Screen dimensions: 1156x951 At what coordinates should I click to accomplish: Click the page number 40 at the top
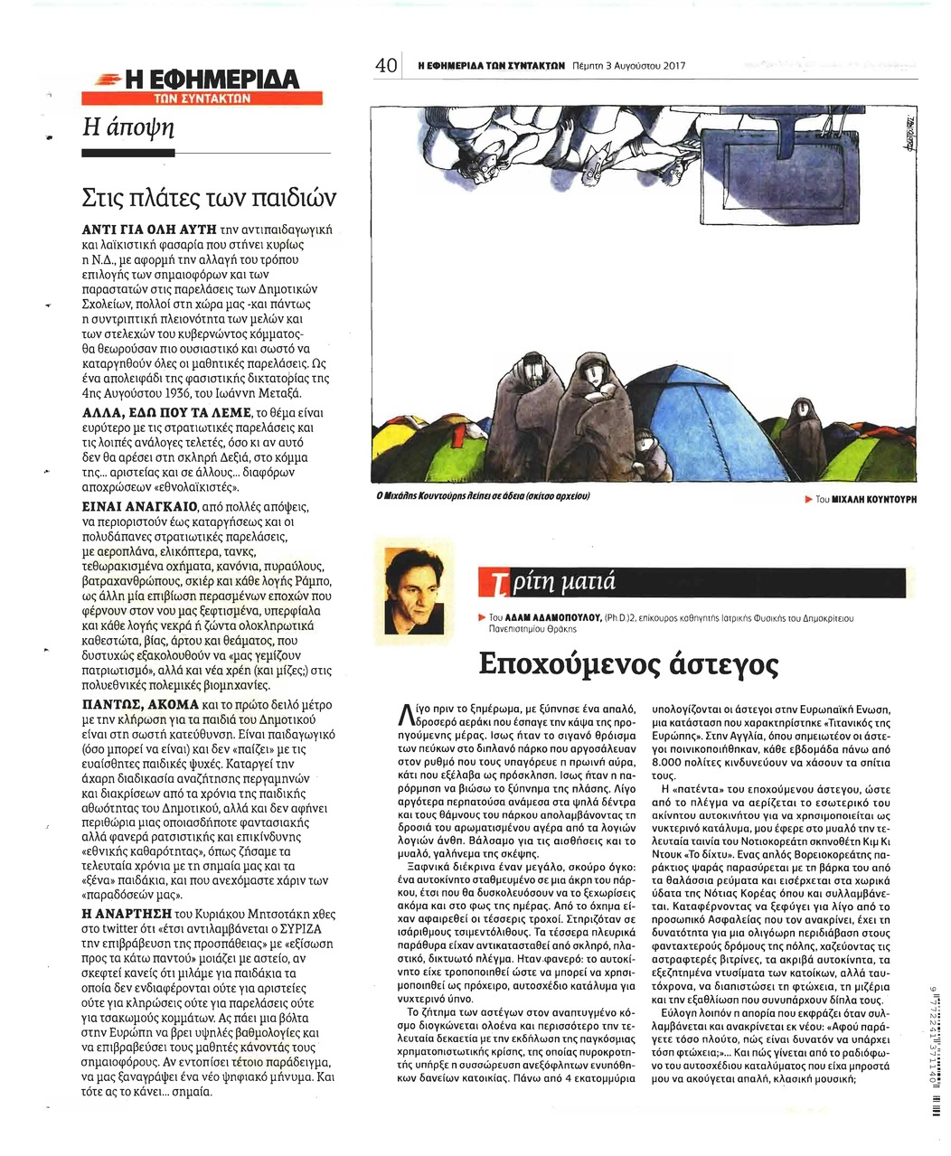tap(388, 66)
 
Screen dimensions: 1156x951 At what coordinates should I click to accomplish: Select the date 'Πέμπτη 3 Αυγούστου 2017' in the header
tap(629, 66)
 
